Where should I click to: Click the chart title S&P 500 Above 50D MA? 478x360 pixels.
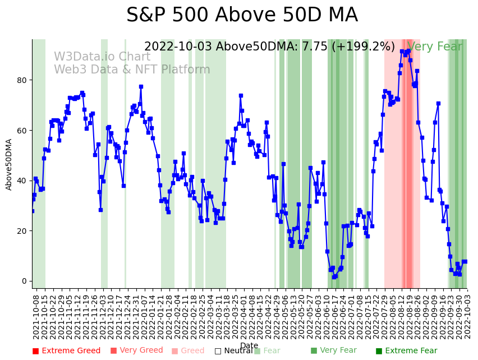(242, 15)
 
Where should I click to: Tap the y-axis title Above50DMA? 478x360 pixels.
(9, 164)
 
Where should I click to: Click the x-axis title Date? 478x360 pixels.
(249, 345)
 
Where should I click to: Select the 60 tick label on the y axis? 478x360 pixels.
(21, 130)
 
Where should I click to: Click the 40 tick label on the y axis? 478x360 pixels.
(21, 181)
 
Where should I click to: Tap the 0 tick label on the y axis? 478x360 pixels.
(24, 281)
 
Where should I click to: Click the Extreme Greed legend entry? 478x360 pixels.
(66, 351)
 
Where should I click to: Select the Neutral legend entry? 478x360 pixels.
(233, 351)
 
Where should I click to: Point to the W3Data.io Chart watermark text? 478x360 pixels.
(102, 57)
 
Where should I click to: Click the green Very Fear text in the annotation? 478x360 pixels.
(435, 47)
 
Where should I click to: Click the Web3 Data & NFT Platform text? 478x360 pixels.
(132, 70)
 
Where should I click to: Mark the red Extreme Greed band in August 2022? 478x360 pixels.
(407, 168)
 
